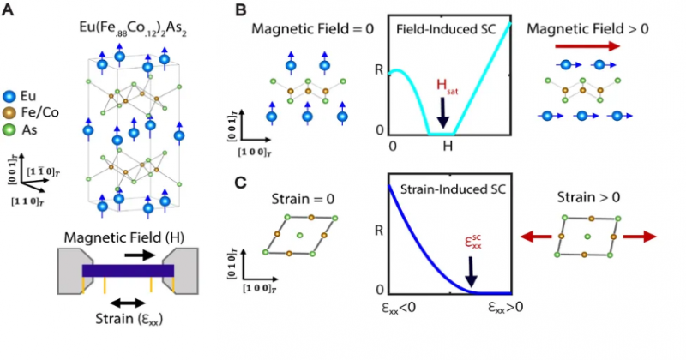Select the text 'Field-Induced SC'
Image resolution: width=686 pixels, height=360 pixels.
point(441,29)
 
